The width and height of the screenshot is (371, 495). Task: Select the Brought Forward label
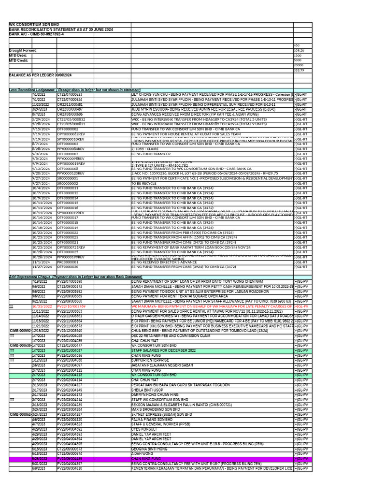[23, 50]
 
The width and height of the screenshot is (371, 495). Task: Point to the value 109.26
[299, 50]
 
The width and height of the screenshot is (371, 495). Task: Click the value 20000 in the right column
[299, 65]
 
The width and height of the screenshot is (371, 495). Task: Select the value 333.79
[299, 70]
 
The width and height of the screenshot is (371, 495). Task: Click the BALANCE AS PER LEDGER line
[40, 75]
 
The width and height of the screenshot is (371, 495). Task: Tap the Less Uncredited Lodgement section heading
[75, 90]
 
